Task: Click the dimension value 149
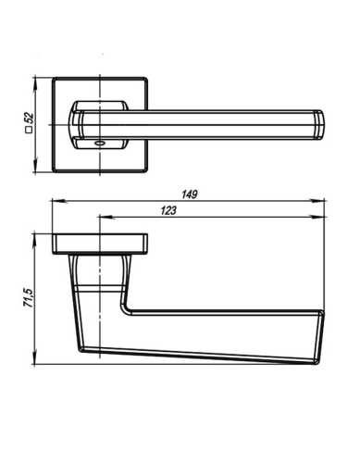point(189,194)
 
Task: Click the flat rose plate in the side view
point(100,243)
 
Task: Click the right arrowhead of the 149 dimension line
point(325,201)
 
